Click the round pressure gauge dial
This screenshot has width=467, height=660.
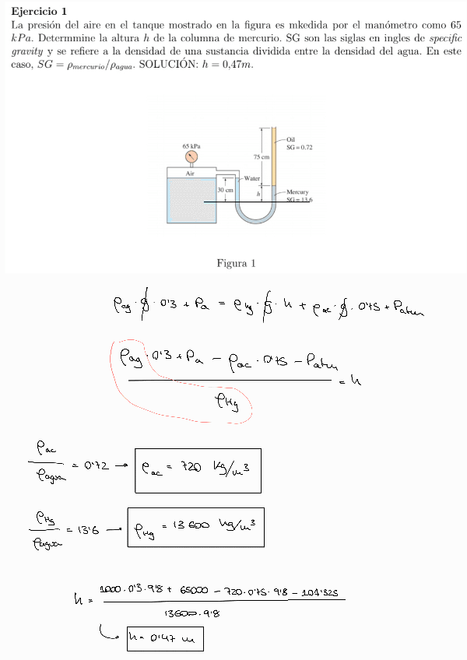click(191, 156)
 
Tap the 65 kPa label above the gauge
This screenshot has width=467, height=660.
click(191, 146)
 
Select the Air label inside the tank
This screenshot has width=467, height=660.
click(189, 173)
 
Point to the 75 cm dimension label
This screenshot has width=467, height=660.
click(261, 157)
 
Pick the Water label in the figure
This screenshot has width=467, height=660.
click(251, 178)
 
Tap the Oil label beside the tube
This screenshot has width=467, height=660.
click(290, 139)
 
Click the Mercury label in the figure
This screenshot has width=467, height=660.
click(298, 191)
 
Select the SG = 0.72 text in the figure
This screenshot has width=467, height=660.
click(299, 146)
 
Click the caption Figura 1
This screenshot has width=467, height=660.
click(236, 263)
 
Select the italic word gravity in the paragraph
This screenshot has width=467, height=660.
click(30, 51)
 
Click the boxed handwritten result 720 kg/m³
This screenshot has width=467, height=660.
click(198, 470)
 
